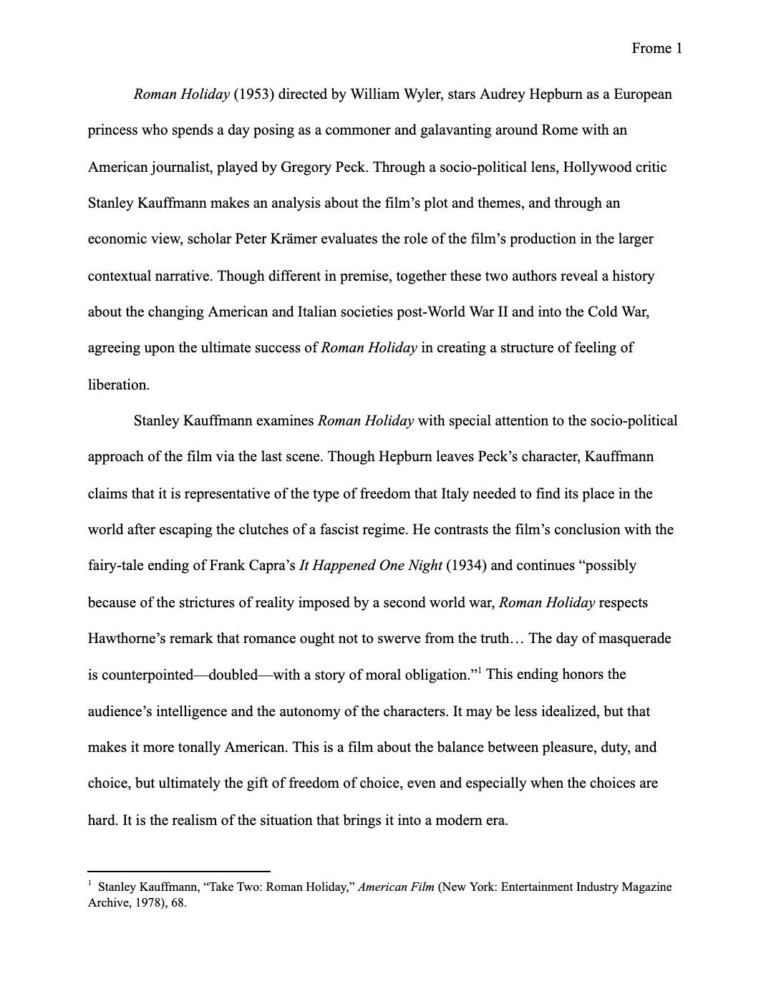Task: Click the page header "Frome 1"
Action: [x=656, y=49]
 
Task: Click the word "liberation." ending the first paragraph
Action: [x=119, y=385]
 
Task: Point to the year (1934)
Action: [x=466, y=566]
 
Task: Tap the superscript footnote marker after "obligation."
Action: [x=479, y=671]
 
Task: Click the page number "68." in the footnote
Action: [x=178, y=903]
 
